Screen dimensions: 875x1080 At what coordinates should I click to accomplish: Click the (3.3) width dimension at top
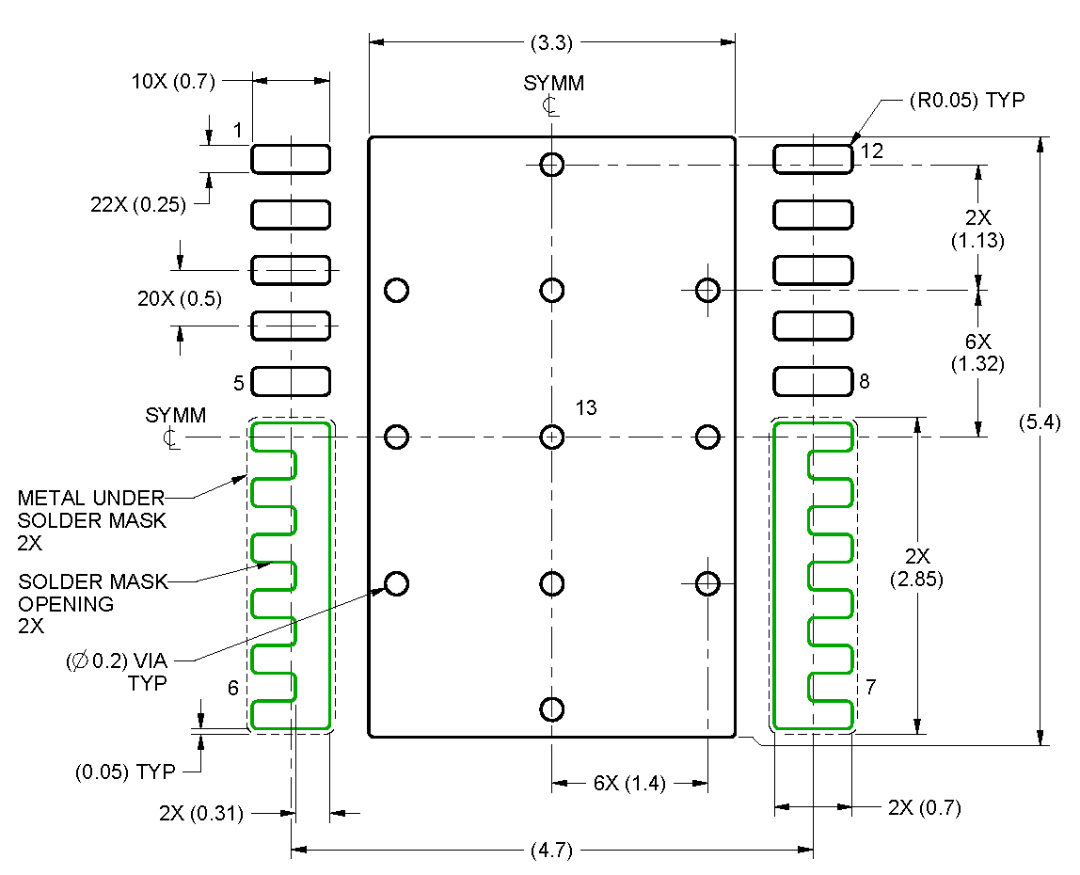click(552, 42)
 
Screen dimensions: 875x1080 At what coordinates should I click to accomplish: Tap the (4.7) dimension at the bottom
click(551, 851)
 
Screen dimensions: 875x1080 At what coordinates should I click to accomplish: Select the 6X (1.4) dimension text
click(628, 784)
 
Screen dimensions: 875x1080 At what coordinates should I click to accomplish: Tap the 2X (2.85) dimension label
click(916, 567)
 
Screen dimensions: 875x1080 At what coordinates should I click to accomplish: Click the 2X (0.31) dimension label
click(203, 814)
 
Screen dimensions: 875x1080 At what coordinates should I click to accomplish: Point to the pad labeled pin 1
click(291, 159)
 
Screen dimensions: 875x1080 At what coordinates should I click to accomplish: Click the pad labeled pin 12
click(813, 159)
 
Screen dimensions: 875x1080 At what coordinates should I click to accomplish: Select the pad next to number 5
click(291, 381)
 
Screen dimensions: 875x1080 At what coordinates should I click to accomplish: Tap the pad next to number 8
click(813, 381)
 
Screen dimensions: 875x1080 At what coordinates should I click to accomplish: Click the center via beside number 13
click(552, 437)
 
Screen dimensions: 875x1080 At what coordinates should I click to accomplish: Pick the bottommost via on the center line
click(552, 708)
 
